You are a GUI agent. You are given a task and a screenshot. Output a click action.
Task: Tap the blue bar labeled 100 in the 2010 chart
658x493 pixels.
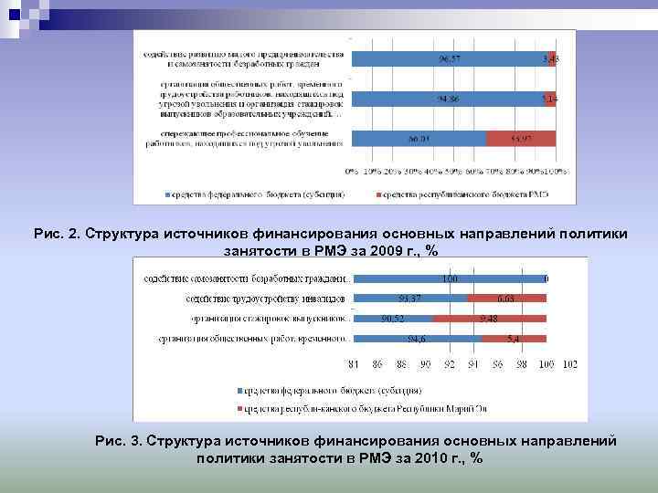click(448, 278)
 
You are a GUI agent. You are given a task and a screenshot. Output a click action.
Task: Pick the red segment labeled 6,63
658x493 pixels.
click(506, 299)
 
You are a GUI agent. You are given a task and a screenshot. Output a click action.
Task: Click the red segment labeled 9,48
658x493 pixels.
click(489, 319)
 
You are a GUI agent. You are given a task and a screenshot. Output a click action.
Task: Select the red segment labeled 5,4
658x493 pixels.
click(514, 339)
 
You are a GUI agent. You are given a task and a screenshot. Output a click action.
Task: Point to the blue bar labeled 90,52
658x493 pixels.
click(393, 319)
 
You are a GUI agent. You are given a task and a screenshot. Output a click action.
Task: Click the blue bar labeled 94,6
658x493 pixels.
click(417, 339)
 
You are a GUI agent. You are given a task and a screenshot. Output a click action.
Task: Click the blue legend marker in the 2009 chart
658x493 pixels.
click(167, 194)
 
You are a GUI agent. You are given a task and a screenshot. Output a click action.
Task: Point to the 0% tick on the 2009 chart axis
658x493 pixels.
click(351, 171)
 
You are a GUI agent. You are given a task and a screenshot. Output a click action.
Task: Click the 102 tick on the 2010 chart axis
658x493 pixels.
click(569, 363)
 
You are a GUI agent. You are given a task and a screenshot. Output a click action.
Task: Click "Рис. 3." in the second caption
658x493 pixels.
click(118, 441)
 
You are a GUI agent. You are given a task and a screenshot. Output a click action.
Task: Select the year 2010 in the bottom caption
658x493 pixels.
click(404, 458)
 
